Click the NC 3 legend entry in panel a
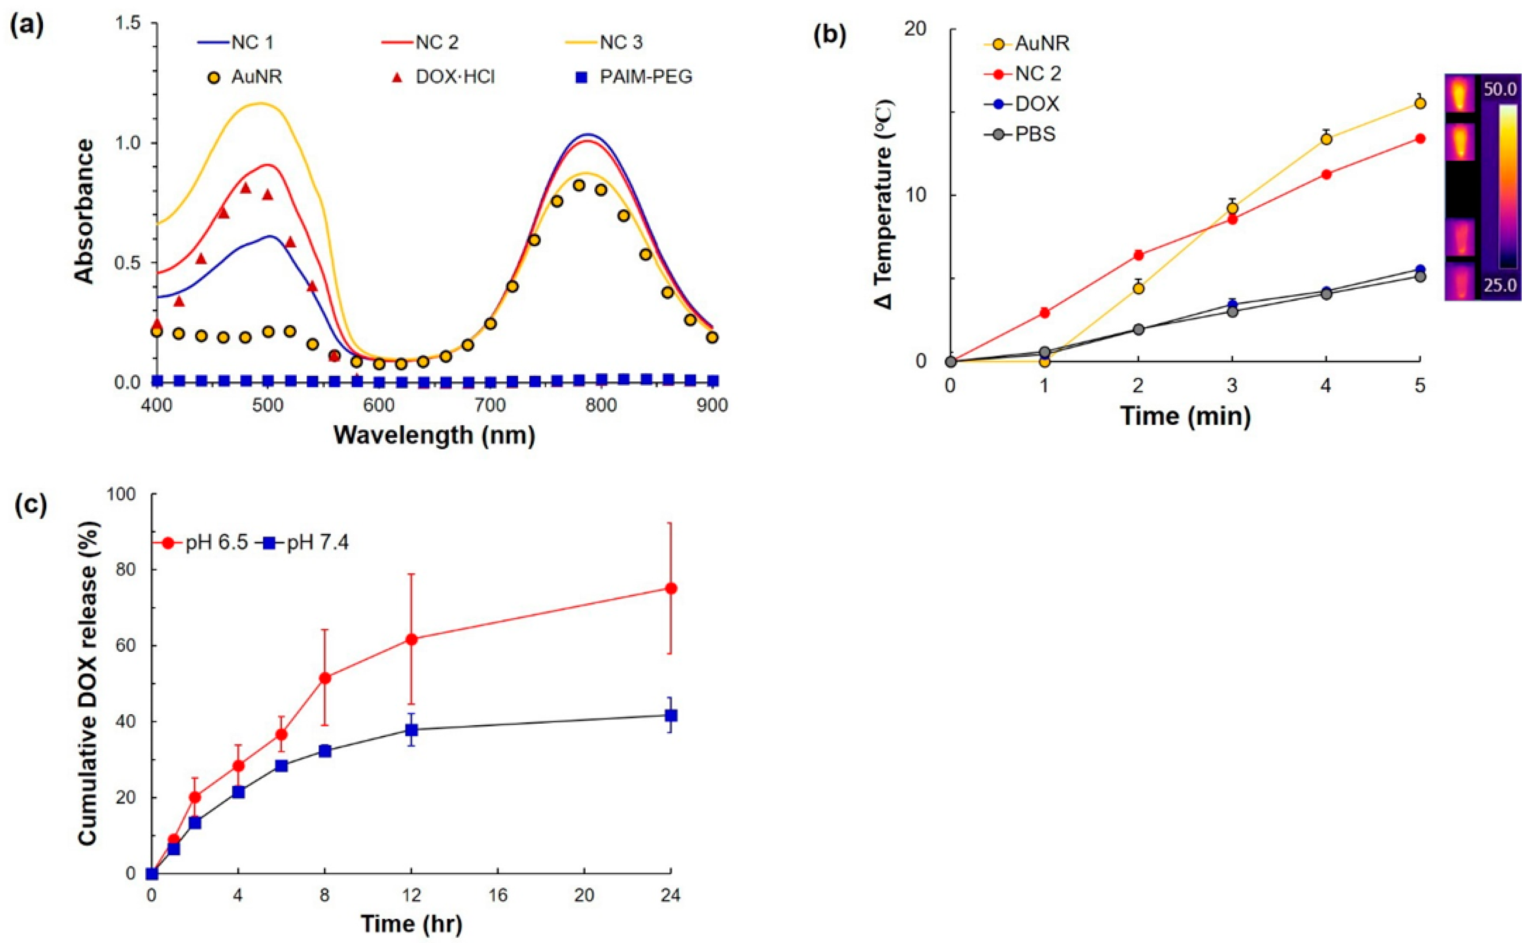coord(621,43)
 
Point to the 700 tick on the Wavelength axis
coord(489,405)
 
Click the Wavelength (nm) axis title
coord(434,435)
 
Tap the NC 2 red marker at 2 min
coord(1138,254)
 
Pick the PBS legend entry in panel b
coord(1035,134)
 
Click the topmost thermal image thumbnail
coord(1459,94)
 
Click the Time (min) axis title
coord(1186,415)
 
